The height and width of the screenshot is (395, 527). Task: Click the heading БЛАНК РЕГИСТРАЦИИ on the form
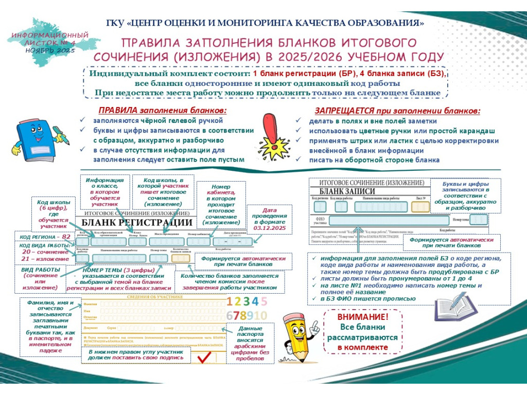pyautogui.click(x=136, y=223)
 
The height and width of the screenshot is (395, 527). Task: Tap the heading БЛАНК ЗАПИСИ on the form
pyautogui.click(x=343, y=191)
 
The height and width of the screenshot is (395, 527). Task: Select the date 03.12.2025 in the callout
pyautogui.click(x=270, y=227)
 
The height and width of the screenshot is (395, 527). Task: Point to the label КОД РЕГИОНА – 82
pyautogui.click(x=45, y=237)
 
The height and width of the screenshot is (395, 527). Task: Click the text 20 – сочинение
pyautogui.click(x=45, y=252)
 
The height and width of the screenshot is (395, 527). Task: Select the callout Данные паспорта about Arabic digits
pyautogui.click(x=250, y=344)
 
